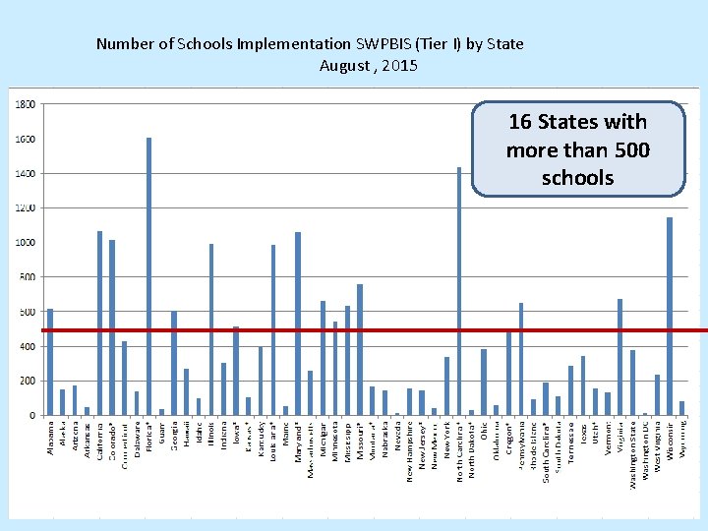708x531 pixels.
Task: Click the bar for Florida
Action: point(149,276)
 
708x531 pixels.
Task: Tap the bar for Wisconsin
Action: point(670,316)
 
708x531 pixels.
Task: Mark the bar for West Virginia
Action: point(657,394)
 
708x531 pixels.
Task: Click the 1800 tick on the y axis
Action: point(27,103)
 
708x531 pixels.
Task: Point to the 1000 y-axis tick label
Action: point(27,243)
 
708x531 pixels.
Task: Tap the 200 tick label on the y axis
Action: point(27,381)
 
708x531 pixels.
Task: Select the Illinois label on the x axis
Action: point(211,435)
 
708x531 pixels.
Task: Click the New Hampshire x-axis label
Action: point(410,450)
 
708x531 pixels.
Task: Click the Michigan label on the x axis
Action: point(324,440)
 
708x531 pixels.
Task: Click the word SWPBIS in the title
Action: point(391,44)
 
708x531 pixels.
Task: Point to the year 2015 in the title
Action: point(400,66)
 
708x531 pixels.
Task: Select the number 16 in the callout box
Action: point(522,122)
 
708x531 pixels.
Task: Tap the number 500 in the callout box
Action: point(629,149)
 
